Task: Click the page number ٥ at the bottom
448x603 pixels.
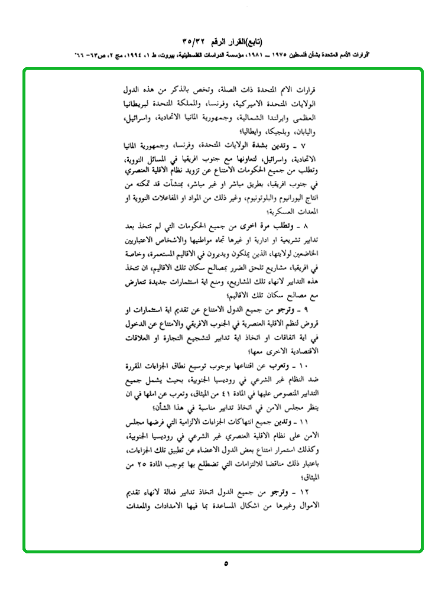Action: tap(225, 563)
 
